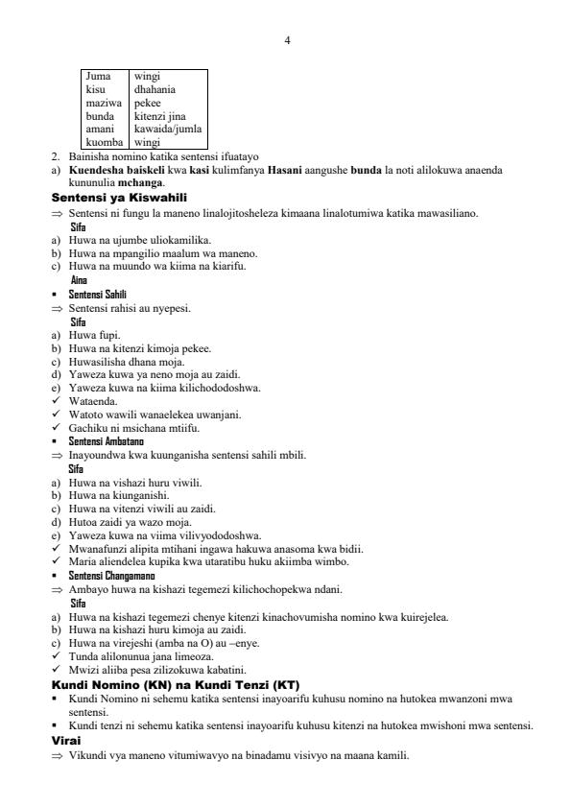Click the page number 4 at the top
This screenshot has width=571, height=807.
coord(287,39)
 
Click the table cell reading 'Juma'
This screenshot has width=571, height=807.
coord(97,76)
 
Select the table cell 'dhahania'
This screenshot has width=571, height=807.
coord(154,89)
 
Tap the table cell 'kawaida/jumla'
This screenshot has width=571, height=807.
coord(168,129)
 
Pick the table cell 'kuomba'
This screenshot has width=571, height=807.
coord(105,142)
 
